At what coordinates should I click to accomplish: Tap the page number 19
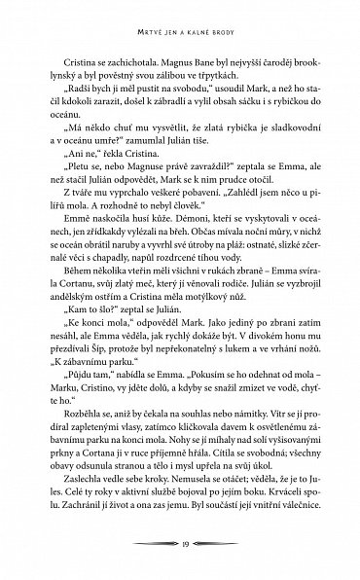180,542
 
